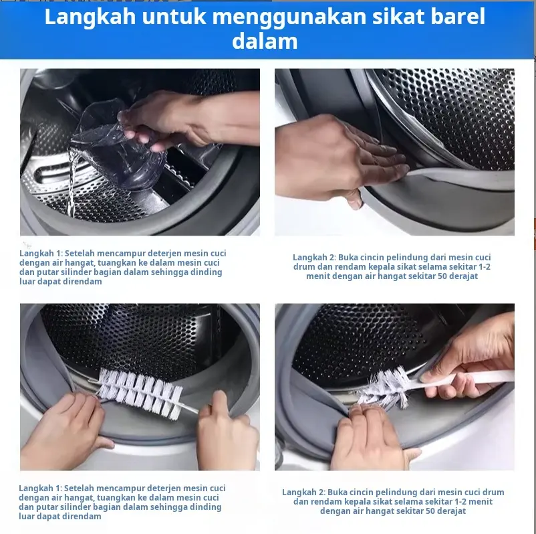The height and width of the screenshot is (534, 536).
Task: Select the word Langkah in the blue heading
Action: [x=90, y=17]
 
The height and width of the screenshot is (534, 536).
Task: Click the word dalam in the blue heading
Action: [x=265, y=41]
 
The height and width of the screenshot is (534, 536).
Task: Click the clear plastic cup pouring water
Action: [x=120, y=144]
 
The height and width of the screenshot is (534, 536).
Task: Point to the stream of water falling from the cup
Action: [x=72, y=181]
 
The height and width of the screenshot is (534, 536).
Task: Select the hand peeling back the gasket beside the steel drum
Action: [x=338, y=161]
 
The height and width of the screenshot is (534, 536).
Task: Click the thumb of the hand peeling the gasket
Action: [x=354, y=199]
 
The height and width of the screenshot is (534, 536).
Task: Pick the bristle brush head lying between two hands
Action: [x=140, y=393]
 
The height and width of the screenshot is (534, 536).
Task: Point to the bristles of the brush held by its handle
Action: [x=384, y=389]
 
